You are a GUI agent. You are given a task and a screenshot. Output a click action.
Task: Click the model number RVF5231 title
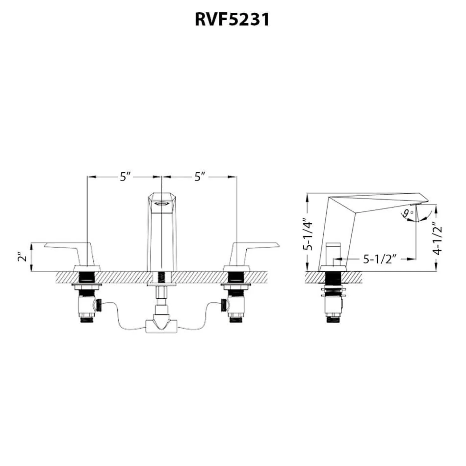pos(232,20)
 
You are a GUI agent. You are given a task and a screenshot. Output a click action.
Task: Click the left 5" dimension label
pos(126,177)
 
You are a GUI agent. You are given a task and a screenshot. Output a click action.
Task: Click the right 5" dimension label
pos(200,177)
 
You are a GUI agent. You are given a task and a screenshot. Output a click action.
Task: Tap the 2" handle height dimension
pos(23,257)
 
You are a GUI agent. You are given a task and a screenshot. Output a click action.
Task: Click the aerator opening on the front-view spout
pos(162,204)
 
